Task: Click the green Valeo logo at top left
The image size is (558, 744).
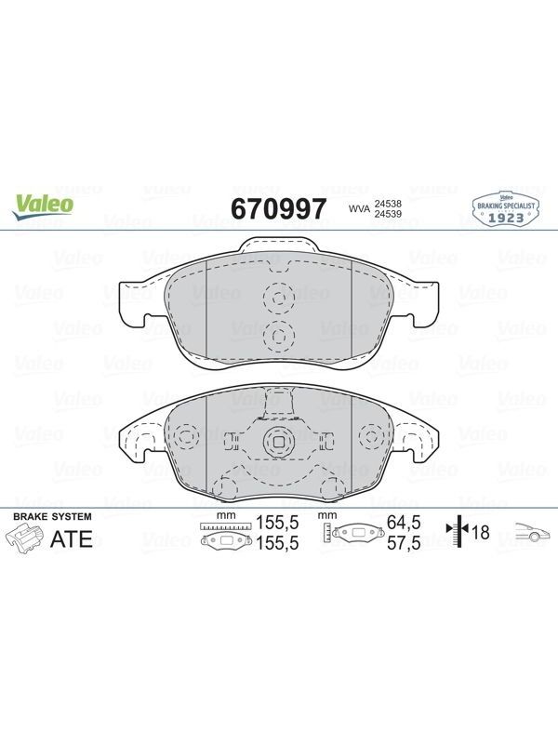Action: pos(43,207)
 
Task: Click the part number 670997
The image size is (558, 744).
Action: pos(278,208)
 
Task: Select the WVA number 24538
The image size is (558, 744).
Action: pos(388,204)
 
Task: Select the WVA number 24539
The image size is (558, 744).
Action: pos(388,214)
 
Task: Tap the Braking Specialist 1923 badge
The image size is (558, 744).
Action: pos(506,207)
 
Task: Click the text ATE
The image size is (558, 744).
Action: pos(72,539)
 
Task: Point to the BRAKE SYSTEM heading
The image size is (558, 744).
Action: pos(52,517)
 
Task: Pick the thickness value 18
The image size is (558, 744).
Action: pos(481,532)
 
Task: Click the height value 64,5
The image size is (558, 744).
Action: pos(404,523)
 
